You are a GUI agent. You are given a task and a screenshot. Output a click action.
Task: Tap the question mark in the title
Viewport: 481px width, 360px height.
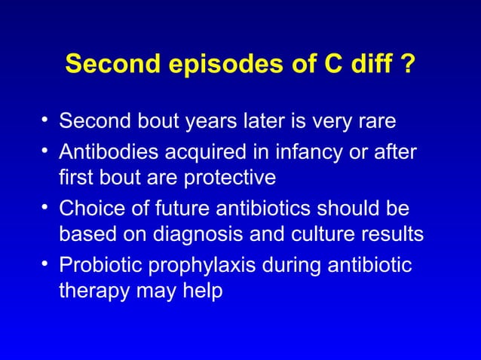(408, 64)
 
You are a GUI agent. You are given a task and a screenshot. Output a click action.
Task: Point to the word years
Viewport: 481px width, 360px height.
(210, 121)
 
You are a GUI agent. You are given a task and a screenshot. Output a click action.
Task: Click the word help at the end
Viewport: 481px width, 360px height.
(202, 293)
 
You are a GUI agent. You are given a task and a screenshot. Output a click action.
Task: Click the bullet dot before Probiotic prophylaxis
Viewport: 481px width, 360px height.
(46, 264)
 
